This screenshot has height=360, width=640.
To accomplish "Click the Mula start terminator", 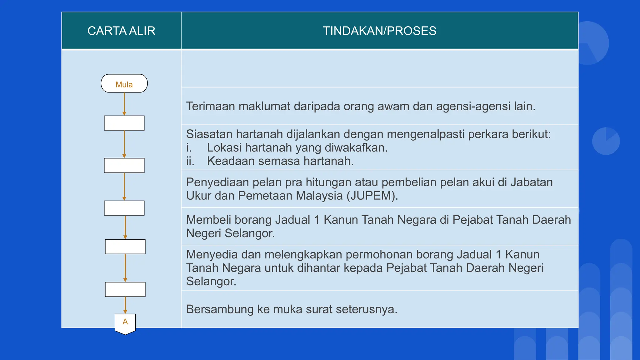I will tap(124, 83).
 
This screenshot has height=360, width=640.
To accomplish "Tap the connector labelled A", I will tap(125, 323).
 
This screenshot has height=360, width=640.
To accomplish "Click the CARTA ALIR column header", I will tap(121, 31).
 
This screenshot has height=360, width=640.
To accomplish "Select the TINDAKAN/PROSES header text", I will tap(379, 31).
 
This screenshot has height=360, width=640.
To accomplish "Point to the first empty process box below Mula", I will tap(124, 123).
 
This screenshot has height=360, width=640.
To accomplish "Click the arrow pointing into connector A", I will tap(125, 305).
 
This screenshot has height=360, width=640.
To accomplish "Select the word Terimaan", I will tap(211, 106).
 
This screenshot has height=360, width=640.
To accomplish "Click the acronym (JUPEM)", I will tap(372, 196).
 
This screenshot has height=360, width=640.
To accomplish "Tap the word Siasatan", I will tap(209, 134).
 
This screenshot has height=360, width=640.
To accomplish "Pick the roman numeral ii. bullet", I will tap(190, 161).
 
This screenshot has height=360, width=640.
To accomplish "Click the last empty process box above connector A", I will tap(125, 289).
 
